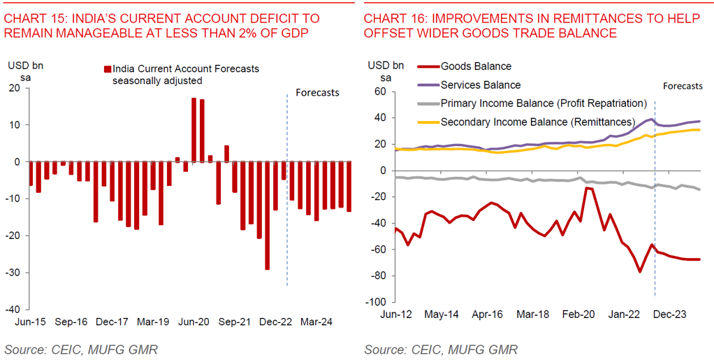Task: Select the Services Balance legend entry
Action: [x=481, y=85]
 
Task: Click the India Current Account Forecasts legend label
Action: [x=186, y=69]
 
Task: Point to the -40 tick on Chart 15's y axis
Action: [x=14, y=309]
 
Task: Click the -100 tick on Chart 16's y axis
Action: [x=377, y=302]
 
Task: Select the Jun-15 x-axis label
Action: [x=30, y=322]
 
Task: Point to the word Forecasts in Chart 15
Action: [x=317, y=92]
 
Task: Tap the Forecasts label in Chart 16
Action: [x=683, y=86]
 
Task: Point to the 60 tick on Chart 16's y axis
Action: [x=379, y=91]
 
